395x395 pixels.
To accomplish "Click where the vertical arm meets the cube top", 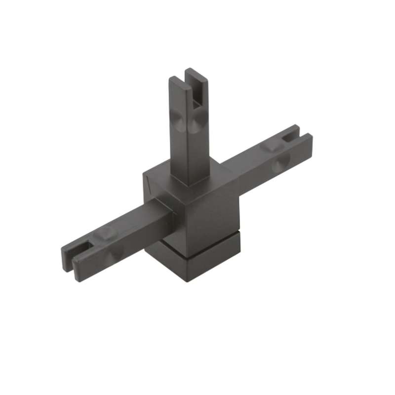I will (x=190, y=180).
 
